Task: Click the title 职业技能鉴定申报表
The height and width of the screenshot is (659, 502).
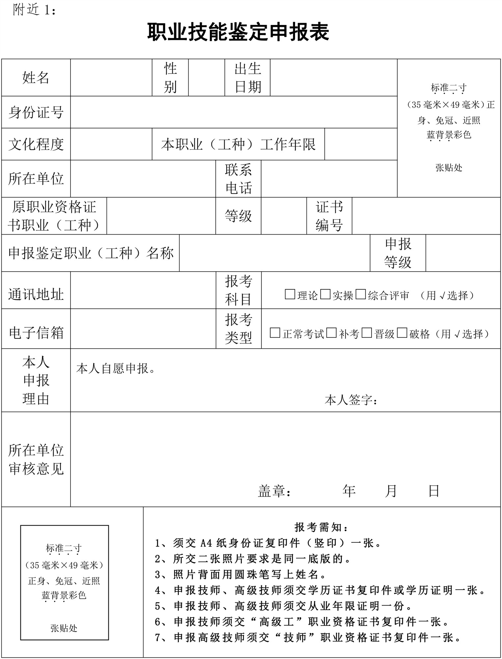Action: tap(238, 32)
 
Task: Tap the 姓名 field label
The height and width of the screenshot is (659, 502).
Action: tap(36, 78)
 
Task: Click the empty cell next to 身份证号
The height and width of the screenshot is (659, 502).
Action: tap(234, 112)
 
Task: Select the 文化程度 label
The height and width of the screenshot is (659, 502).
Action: tap(36, 144)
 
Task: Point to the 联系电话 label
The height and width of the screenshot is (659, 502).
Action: tap(238, 179)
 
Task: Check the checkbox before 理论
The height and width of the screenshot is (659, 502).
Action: tap(290, 294)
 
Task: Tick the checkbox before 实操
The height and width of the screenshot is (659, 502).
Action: tap(325, 294)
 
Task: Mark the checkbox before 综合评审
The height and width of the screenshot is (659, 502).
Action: tap(361, 294)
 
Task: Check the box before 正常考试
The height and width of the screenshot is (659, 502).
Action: tap(275, 333)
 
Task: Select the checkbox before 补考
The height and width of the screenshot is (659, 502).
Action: tap(331, 333)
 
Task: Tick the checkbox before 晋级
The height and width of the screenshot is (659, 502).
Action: tap(367, 333)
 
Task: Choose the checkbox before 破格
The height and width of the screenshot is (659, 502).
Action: tap(402, 333)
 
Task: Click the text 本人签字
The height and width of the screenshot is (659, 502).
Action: tap(350, 400)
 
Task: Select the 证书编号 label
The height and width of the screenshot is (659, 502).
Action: tap(329, 216)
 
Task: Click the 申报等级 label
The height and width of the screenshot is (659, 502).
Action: tap(398, 253)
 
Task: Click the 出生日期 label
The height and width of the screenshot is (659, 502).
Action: tap(248, 78)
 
